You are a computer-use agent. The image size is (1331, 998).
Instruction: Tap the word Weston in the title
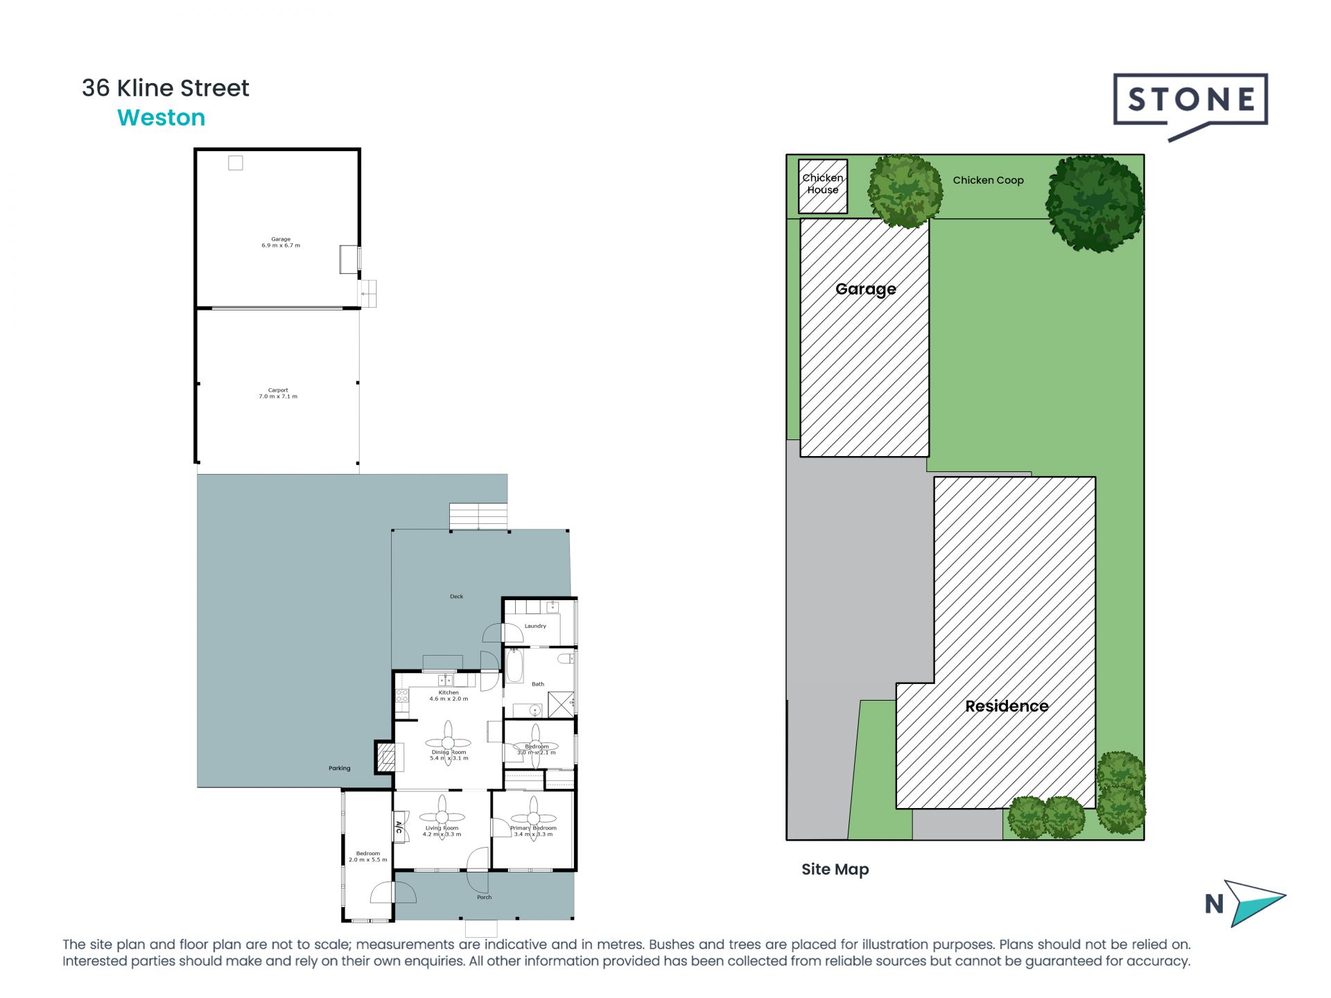pos(161,118)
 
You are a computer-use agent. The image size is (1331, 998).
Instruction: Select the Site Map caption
pos(835,869)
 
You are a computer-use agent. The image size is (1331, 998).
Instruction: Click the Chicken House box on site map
pos(822,186)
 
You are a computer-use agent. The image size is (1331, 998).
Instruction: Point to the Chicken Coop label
pos(987,180)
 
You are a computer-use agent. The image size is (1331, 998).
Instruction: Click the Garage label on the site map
pos(865,289)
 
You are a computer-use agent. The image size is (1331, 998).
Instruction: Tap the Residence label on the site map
pos(1006,706)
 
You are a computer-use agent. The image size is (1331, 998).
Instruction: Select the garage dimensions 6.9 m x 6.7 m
pos(281,245)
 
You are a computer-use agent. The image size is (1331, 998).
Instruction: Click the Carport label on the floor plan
pos(278,390)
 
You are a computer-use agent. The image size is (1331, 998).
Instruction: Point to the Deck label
pos(456,596)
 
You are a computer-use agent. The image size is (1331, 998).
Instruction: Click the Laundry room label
pos(535,626)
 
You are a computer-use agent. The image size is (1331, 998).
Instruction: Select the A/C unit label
pos(399,827)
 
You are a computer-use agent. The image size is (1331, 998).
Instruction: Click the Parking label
pos(339,768)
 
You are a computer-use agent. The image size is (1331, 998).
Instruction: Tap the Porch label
pos(484,897)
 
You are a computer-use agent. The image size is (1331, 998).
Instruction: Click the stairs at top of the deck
pos(478,516)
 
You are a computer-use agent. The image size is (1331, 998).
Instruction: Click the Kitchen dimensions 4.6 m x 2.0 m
pos(449,699)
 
